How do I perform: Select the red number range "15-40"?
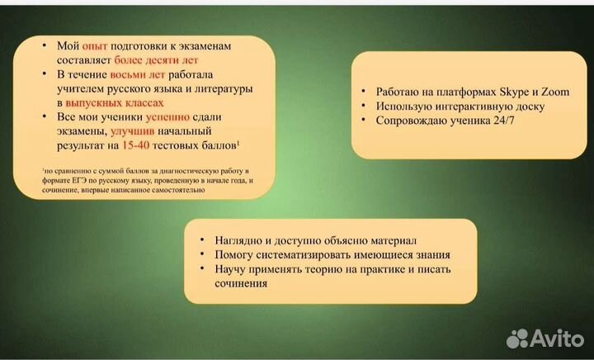point(137,145)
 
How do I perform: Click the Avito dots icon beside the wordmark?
point(518,337)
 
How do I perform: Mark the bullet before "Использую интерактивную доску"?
point(364,107)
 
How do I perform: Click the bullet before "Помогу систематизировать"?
point(202,254)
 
